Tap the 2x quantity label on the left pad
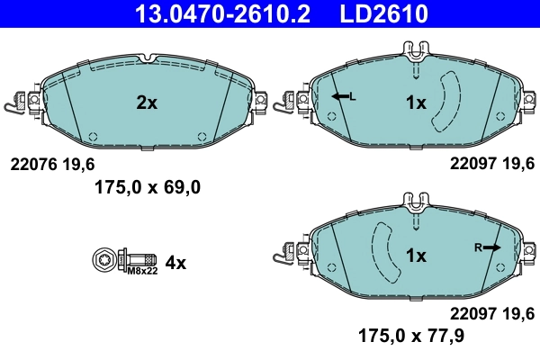pos(147,103)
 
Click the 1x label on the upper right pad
pos(415,103)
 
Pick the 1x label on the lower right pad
pos(415,256)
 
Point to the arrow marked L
pos(342,96)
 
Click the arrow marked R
pos(490,246)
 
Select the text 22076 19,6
pos(51,165)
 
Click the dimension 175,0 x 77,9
pos(413,336)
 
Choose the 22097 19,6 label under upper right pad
pos(492,165)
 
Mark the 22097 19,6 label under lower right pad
pos(492,313)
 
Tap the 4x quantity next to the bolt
pos(175,263)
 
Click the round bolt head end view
pos(102,260)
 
